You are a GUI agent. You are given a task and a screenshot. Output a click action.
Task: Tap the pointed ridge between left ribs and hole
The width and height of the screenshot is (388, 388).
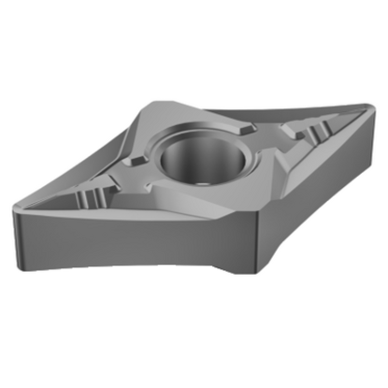(122, 178)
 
